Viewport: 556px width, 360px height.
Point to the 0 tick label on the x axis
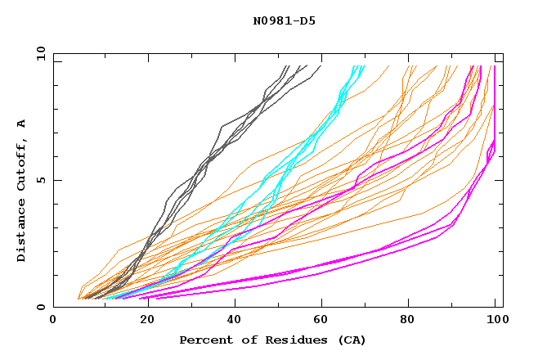click(53, 322)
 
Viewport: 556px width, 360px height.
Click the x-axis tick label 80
click(407, 322)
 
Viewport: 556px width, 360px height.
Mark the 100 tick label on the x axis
click(495, 322)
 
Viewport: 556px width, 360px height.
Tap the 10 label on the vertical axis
click(38, 53)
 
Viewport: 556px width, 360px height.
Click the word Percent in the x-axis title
click(205, 340)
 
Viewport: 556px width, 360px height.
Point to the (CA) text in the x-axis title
click(352, 340)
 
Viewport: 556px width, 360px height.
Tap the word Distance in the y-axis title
click(21, 231)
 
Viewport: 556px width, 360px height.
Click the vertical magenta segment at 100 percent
click(495, 98)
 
